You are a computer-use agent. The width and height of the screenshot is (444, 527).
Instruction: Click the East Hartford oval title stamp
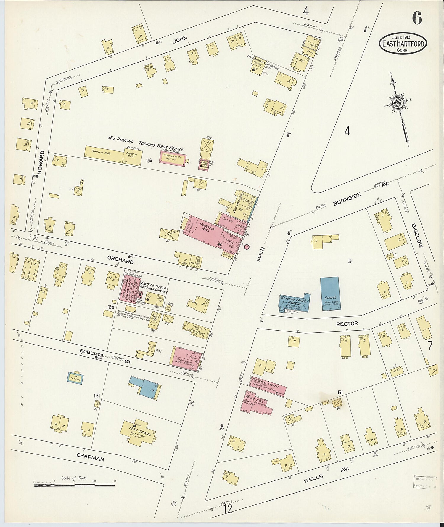coord(403,44)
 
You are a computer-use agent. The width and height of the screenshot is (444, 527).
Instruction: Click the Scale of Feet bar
coord(74,485)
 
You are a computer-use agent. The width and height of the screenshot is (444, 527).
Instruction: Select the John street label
coord(180,39)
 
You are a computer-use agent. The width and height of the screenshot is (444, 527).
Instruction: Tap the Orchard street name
coord(120,260)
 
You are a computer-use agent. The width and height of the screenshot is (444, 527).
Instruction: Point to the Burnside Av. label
coord(347,199)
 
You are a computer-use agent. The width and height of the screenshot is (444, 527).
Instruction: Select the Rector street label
coord(347,324)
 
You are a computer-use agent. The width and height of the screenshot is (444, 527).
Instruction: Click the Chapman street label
coord(90,457)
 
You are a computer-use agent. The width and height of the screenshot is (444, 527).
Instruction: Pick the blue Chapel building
coord(330,294)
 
